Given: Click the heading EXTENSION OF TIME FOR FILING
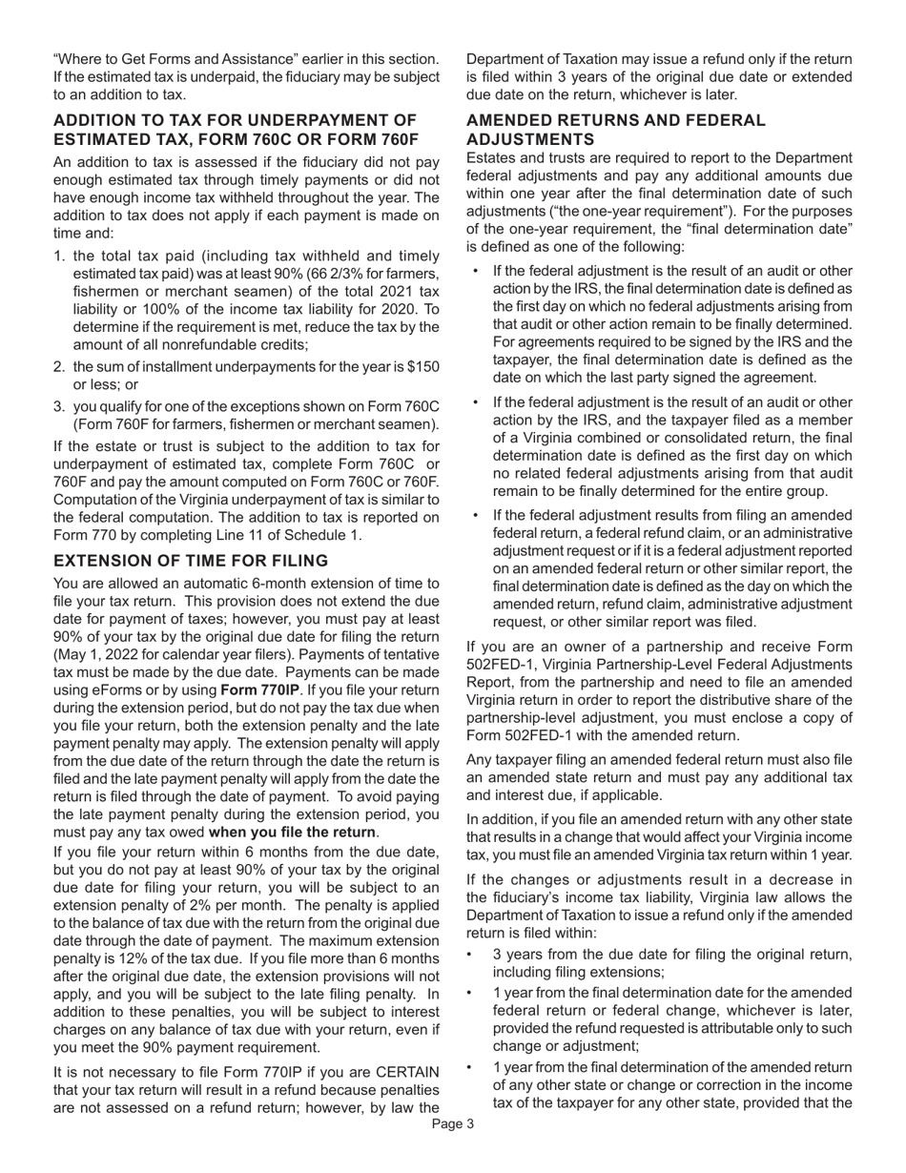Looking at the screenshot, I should [x=191, y=560].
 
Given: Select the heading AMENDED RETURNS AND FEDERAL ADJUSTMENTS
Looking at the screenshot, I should [x=615, y=130].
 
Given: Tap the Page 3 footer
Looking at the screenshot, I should [x=452, y=1124].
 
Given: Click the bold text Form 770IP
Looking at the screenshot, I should [x=259, y=689].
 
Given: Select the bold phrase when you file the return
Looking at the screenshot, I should [x=292, y=832].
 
